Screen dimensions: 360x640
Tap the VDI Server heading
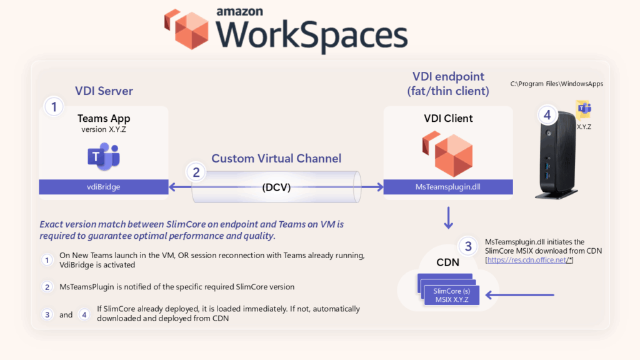(104, 91)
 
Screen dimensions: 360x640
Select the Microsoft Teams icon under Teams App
(104, 156)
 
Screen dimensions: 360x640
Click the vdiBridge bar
(104, 187)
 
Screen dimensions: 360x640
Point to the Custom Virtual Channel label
(276, 158)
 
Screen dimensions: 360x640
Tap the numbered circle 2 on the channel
(196, 172)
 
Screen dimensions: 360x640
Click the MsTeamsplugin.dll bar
(447, 187)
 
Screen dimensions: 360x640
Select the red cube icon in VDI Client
(447, 154)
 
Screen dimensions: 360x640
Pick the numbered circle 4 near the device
(547, 115)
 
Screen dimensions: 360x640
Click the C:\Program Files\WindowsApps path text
(557, 83)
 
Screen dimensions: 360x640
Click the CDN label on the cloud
(447, 262)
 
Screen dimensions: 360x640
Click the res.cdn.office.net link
(529, 259)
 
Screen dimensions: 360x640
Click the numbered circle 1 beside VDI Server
(54, 107)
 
